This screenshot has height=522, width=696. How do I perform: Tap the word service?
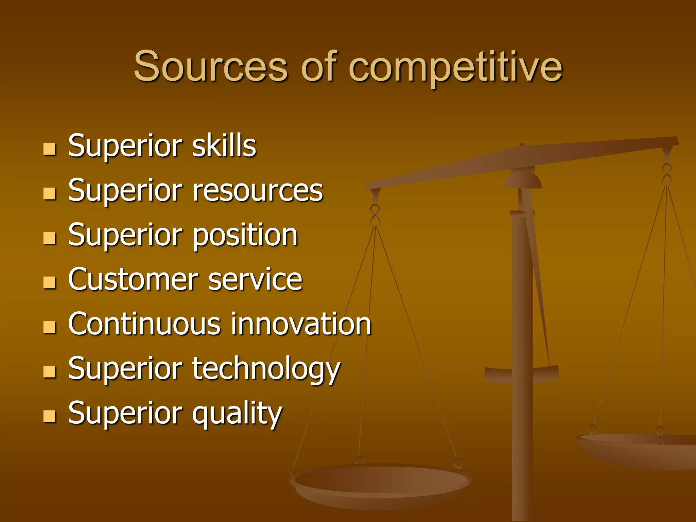click(x=255, y=280)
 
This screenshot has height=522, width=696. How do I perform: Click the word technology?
click(x=266, y=370)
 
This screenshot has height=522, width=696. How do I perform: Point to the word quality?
click(x=237, y=414)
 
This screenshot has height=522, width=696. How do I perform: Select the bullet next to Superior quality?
click(x=50, y=416)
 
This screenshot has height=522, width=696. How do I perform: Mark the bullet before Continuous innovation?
click(x=50, y=327)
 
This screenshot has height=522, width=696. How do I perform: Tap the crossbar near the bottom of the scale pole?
click(x=522, y=374)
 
